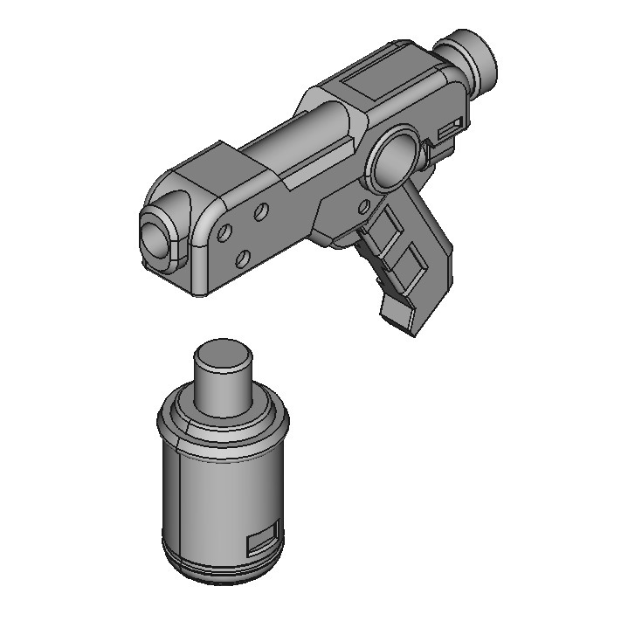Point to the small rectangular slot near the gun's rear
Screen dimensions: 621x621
pos(450,129)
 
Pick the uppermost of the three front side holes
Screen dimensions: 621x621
pos(260,211)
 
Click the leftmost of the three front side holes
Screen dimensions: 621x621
pos(224,233)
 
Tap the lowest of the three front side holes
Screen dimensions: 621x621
pos(244,258)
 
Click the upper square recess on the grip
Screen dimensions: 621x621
pos(382,231)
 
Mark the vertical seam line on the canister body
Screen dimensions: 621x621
pos(179,507)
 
